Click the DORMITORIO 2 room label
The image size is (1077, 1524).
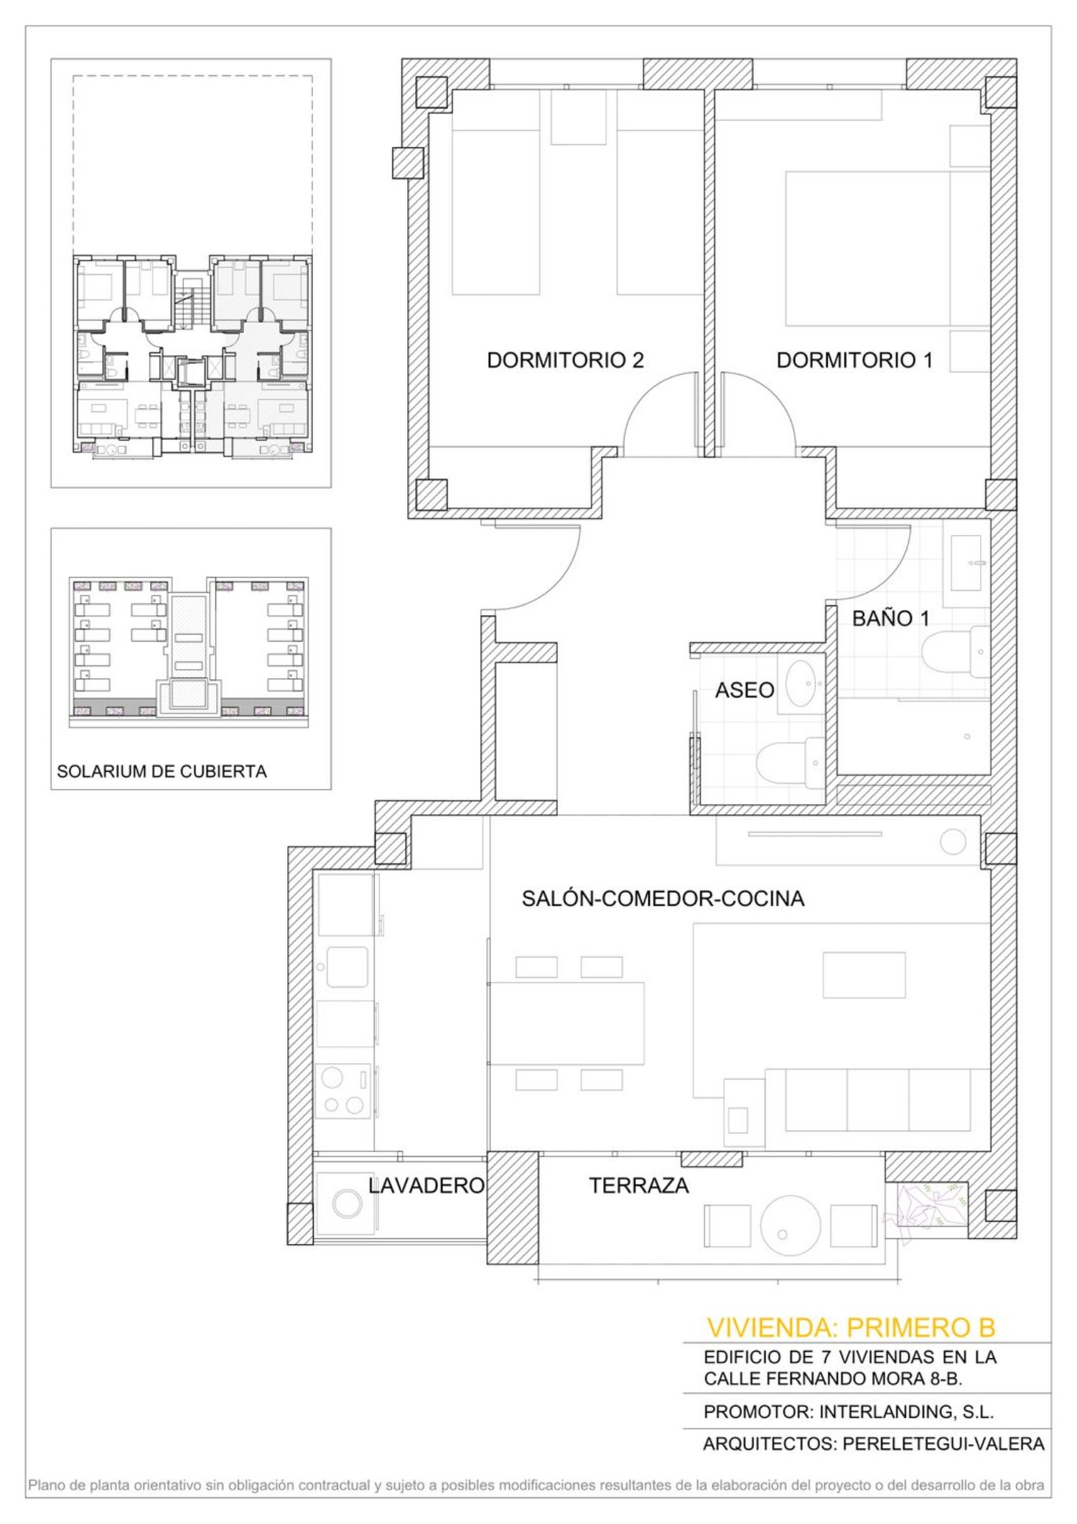[x=565, y=360]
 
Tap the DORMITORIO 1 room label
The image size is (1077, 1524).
[x=854, y=360]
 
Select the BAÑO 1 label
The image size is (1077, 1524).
[x=891, y=618]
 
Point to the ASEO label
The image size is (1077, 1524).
[x=745, y=690]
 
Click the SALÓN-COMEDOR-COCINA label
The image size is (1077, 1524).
[x=663, y=898]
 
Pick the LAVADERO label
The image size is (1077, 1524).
[x=426, y=1185]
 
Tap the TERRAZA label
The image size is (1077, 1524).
[x=639, y=1185]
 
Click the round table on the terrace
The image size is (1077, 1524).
[x=790, y=1223]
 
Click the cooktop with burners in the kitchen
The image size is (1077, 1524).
[x=344, y=1090]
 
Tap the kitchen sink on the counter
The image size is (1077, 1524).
[x=348, y=967]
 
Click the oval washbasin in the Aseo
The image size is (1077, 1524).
[x=801, y=683]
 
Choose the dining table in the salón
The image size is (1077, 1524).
[x=567, y=1023]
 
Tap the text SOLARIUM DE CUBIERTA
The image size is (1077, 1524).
[x=162, y=772]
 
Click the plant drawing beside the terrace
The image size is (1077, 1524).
[x=926, y=1212]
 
